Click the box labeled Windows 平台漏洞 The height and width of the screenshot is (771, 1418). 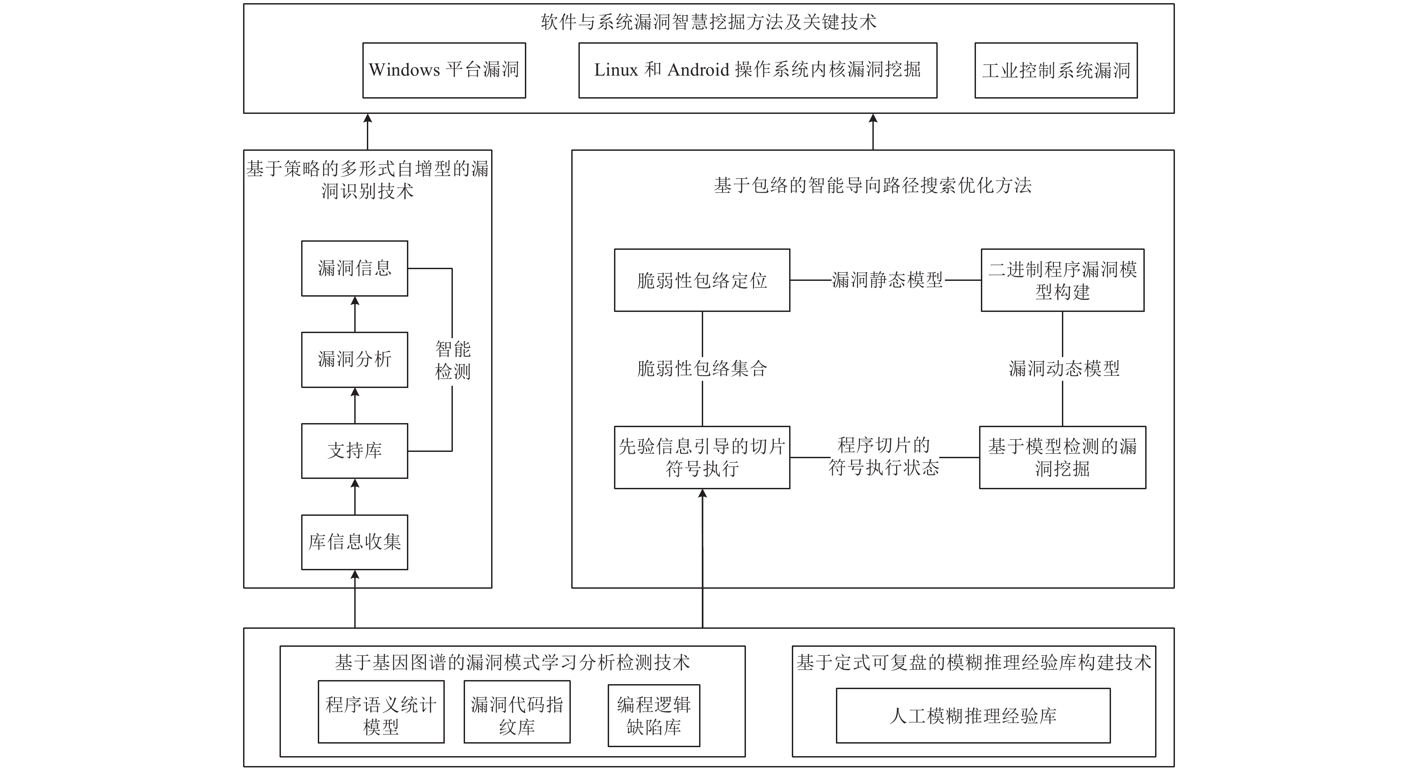(x=444, y=71)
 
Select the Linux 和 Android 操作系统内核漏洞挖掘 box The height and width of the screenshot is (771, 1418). (x=758, y=71)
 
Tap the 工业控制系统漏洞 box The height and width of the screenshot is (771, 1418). (x=1055, y=71)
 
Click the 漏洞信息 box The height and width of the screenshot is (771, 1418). (x=355, y=269)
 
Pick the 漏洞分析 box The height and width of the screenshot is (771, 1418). (x=355, y=359)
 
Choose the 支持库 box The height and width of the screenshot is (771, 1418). (x=355, y=451)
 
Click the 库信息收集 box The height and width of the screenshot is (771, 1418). (x=355, y=542)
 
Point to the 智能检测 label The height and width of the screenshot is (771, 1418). (x=452, y=360)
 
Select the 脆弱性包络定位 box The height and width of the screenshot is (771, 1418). (x=702, y=280)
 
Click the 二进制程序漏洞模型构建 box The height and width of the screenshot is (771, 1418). (x=1062, y=280)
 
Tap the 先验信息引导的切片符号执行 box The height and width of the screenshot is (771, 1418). (x=702, y=457)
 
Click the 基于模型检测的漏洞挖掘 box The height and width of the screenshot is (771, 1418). (x=1062, y=457)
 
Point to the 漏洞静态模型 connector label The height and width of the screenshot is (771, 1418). (x=887, y=280)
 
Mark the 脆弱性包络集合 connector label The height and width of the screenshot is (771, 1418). (x=702, y=368)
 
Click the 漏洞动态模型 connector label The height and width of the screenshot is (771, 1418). (x=1063, y=368)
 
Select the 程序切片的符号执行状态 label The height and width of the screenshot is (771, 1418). (x=884, y=456)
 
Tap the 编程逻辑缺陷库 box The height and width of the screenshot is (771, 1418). (x=653, y=716)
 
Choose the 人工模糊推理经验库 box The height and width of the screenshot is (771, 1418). (x=973, y=716)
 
